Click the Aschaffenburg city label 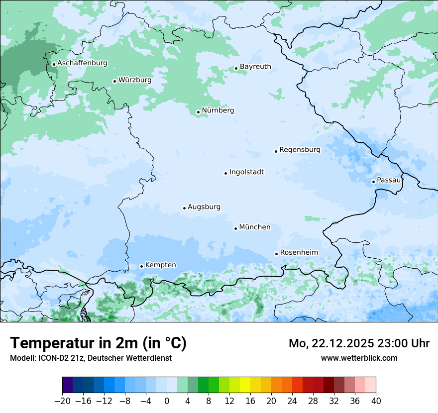click(82, 63)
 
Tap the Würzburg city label click(135, 80)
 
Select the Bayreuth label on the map click(255, 67)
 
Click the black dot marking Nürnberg click(198, 112)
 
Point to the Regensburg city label click(300, 150)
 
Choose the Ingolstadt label click(246, 172)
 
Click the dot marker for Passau click(373, 182)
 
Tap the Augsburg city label click(204, 207)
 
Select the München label click(255, 227)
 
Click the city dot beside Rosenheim click(276, 254)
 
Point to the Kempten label click(160, 265)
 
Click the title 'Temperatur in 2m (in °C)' click(98, 343)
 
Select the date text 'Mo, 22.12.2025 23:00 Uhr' click(359, 343)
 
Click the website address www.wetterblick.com click(359, 358)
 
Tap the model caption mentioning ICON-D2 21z click(91, 358)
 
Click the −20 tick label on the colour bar click(63, 401)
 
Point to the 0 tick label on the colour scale click(167, 401)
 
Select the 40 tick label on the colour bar click(376, 401)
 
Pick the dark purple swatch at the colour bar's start click(68, 385)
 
